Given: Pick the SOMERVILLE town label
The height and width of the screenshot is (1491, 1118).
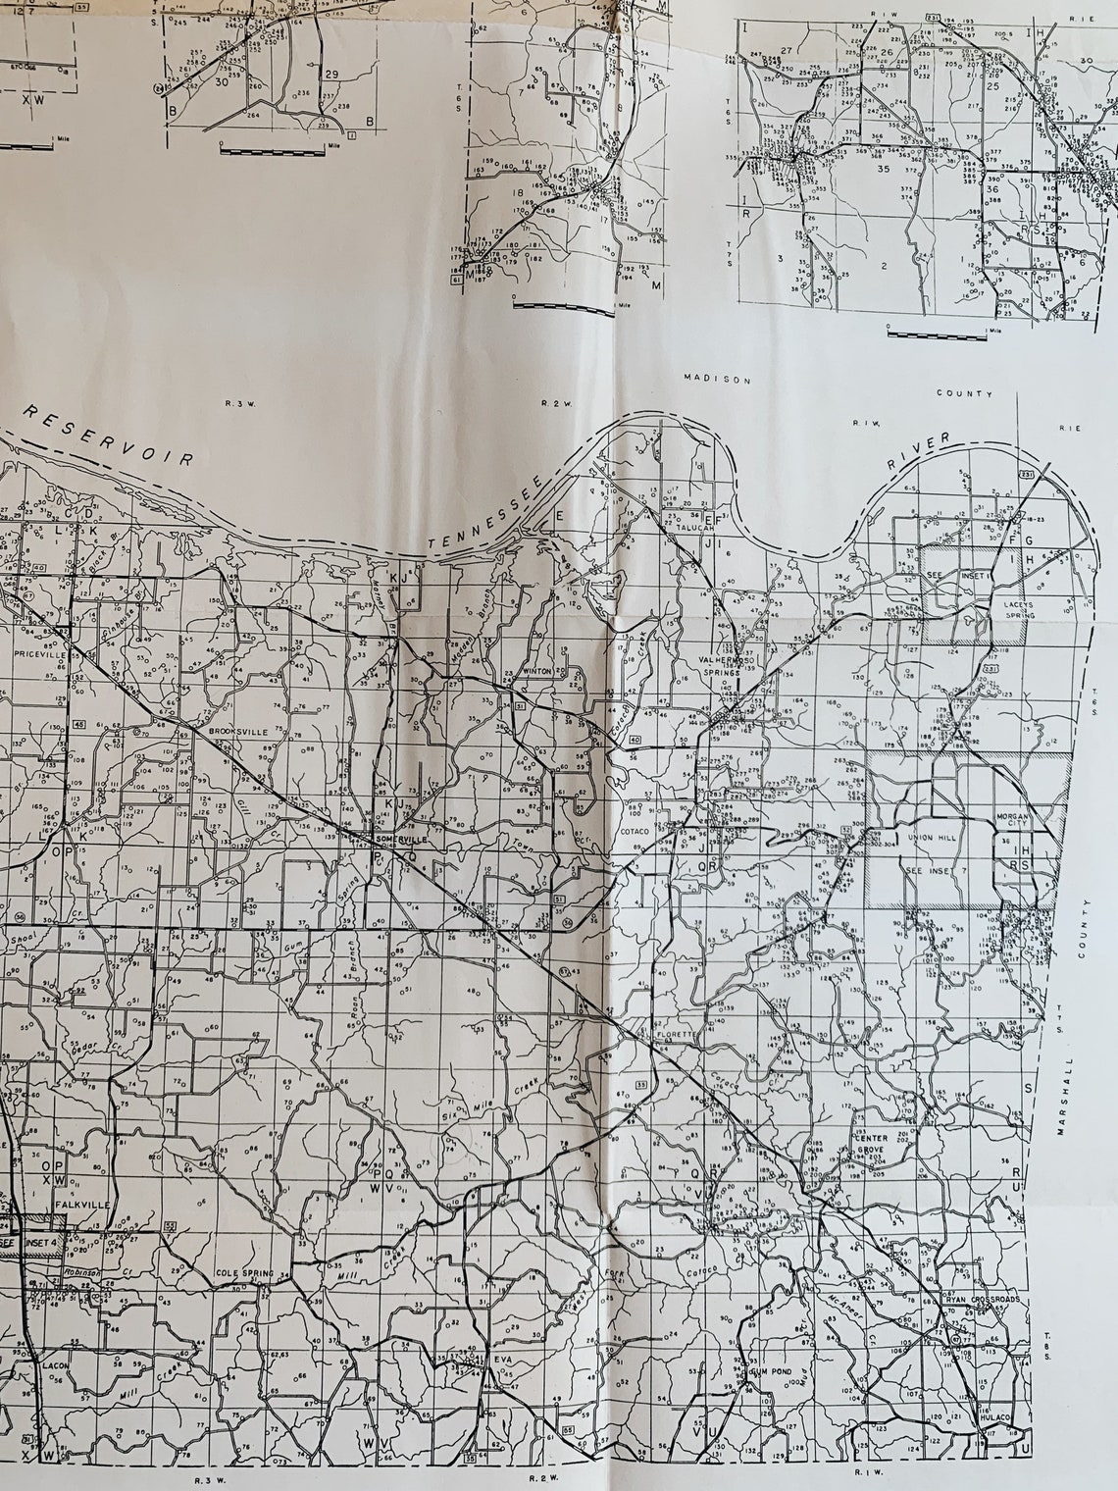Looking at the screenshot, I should (x=398, y=840).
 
